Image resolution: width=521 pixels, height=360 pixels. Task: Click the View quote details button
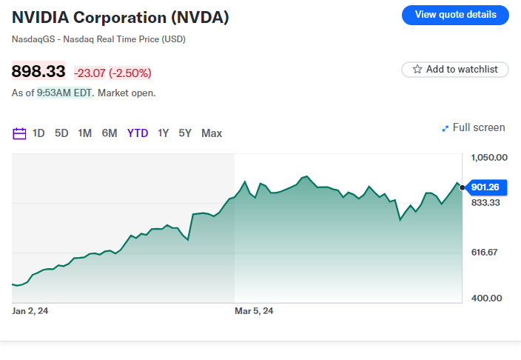(x=455, y=15)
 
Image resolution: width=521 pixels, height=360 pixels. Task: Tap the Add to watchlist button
(x=455, y=69)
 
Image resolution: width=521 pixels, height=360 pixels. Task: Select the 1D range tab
(x=38, y=133)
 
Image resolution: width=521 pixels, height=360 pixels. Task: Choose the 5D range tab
(x=61, y=133)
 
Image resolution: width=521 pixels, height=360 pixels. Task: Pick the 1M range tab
(x=85, y=133)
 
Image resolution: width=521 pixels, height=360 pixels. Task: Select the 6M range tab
(x=110, y=133)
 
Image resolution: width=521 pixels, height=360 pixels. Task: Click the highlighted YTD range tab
(x=138, y=133)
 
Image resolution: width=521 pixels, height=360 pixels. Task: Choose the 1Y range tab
(x=163, y=133)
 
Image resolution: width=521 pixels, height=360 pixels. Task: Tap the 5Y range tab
(x=185, y=133)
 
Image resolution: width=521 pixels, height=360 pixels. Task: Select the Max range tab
(x=212, y=133)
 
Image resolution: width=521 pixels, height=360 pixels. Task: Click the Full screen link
(x=474, y=127)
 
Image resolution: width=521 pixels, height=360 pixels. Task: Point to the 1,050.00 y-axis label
(x=489, y=157)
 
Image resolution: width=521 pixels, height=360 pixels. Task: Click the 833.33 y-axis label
(x=486, y=202)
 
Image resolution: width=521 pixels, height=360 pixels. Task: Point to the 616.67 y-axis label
(x=486, y=253)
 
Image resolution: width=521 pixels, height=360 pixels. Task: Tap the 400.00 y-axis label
(x=486, y=298)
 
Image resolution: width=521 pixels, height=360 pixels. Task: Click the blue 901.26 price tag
(x=485, y=187)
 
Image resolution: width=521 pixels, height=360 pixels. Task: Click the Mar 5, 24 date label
(x=254, y=311)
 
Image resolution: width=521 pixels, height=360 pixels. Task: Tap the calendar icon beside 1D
(x=20, y=133)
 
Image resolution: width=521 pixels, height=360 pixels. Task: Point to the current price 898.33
(x=38, y=72)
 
